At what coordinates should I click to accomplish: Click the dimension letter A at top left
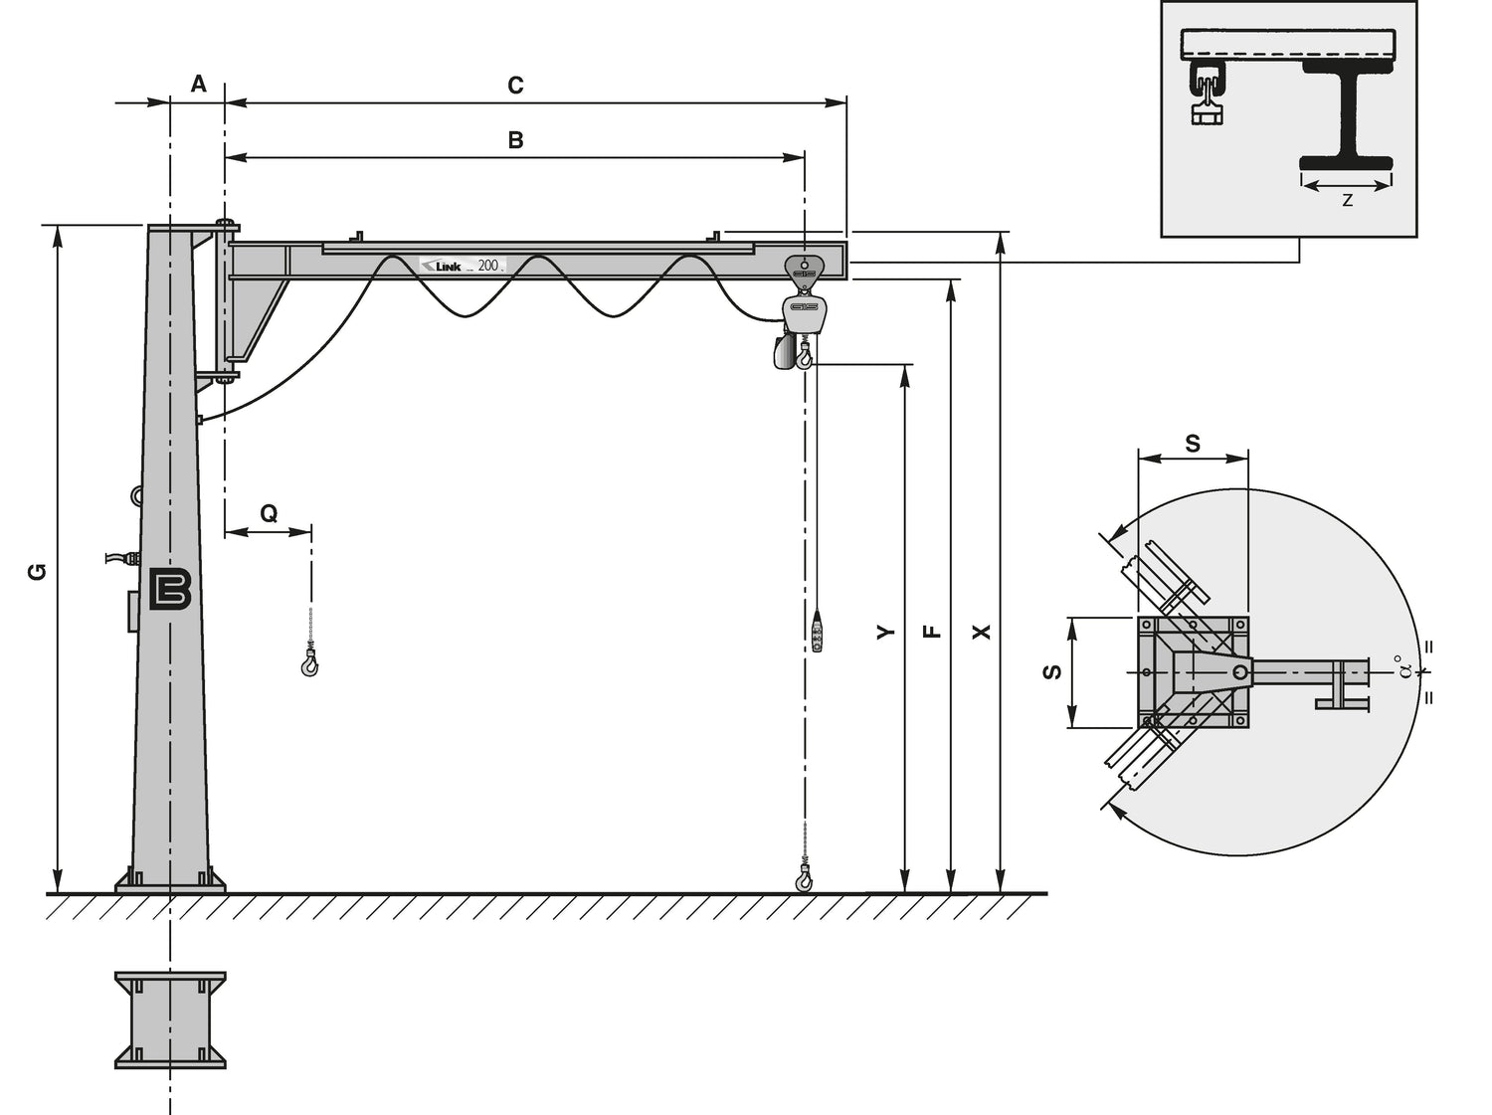(x=198, y=84)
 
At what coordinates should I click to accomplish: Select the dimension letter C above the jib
(x=515, y=86)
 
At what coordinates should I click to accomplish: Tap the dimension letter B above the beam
(x=516, y=140)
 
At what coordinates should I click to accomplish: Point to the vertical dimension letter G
(x=38, y=572)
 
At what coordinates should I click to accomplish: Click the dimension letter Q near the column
(x=270, y=513)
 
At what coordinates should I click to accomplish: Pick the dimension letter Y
(x=885, y=632)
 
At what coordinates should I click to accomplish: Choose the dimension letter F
(x=934, y=632)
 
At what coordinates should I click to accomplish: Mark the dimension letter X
(x=982, y=633)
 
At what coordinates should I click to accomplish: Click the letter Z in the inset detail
(x=1347, y=201)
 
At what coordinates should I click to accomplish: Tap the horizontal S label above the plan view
(x=1193, y=443)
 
